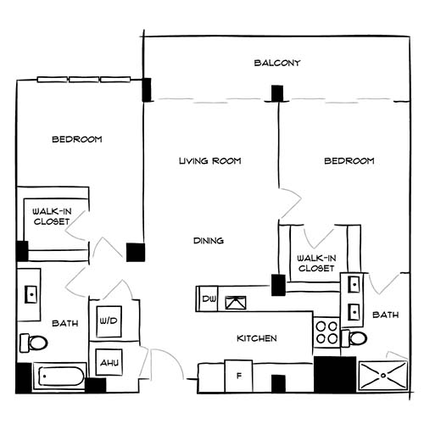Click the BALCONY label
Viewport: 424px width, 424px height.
[277, 63]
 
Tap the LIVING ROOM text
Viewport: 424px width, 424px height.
[210, 160]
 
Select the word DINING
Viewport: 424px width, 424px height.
[208, 241]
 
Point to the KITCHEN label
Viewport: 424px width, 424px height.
[256, 338]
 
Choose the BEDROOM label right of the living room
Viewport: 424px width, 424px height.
[349, 160]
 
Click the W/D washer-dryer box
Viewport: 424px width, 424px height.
[109, 321]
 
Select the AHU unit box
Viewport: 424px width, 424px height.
[109, 362]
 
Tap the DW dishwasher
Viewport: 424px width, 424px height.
[209, 298]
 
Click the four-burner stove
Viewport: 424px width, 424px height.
[326, 332]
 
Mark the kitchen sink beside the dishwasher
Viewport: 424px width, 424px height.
[235, 298]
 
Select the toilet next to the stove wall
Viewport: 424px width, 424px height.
[357, 338]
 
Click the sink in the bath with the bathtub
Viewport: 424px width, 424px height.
[31, 294]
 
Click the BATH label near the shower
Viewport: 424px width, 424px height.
[386, 315]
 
